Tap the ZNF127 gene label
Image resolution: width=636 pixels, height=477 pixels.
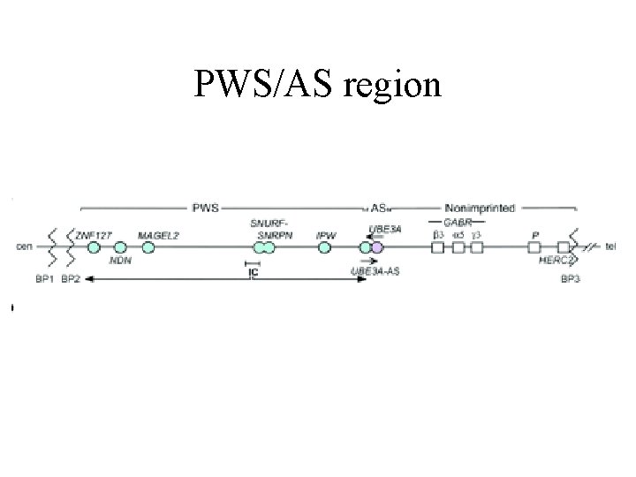[94, 235]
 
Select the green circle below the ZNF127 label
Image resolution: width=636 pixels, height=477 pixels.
[93, 248]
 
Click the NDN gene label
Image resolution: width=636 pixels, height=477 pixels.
[120, 261]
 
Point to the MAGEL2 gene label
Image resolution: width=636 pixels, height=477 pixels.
[156, 235]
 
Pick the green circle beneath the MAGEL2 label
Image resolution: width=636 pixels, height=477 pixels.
[148, 248]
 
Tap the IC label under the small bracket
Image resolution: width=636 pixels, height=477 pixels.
[253, 273]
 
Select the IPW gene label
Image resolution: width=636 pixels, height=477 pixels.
[325, 235]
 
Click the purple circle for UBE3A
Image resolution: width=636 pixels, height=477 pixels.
[377, 248]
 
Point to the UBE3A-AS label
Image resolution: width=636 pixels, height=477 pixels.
[375, 270]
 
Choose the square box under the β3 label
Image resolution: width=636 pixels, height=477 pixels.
[436, 248]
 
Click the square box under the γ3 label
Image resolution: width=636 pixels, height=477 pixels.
[477, 248]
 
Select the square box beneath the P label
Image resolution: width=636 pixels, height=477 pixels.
[534, 248]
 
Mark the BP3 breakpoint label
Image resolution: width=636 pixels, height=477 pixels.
[572, 280]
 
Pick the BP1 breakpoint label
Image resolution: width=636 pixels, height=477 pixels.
[42, 278]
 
